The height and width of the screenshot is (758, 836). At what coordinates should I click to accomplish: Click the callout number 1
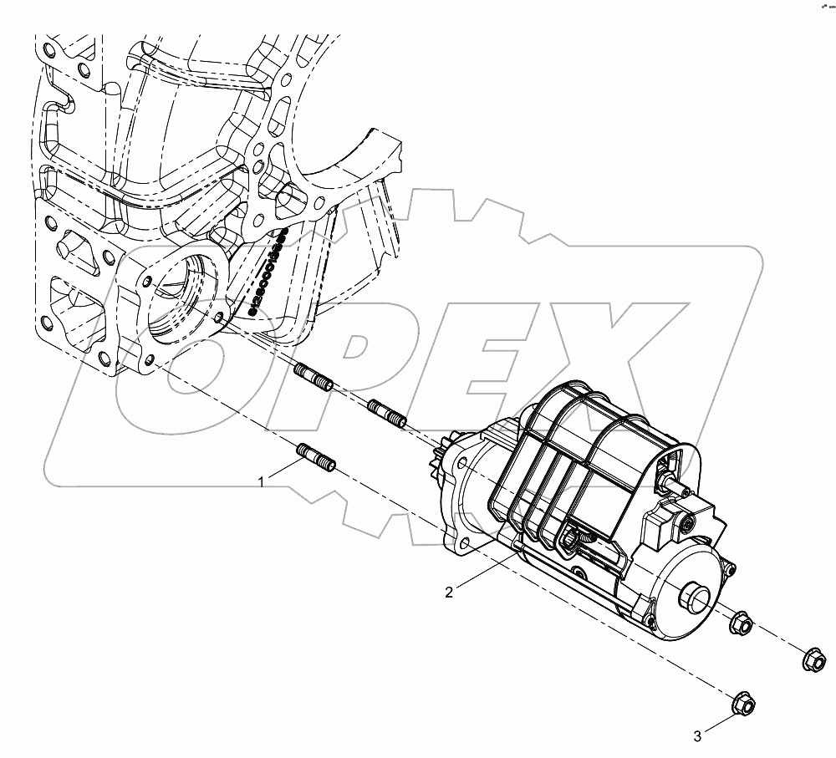point(262,482)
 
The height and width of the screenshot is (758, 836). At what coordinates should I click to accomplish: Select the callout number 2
point(449,592)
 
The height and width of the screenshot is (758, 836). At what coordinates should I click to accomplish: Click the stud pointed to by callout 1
point(317,459)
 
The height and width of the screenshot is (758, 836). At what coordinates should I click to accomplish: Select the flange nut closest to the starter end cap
point(741,623)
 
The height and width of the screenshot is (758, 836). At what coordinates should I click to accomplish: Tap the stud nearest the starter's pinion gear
point(387,413)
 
